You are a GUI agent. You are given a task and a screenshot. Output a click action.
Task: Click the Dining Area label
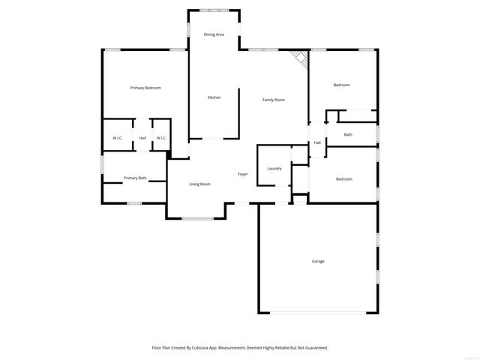(x=214, y=34)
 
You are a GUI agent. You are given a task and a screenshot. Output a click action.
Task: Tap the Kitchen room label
(x=214, y=97)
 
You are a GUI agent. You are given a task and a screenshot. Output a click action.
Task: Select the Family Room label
(x=273, y=100)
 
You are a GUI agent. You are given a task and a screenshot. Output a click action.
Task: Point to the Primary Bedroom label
(x=145, y=88)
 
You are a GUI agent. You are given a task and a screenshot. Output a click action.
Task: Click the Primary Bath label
(x=135, y=178)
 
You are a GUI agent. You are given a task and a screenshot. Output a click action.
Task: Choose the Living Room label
(x=199, y=184)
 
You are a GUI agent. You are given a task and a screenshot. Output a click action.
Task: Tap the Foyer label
(x=243, y=174)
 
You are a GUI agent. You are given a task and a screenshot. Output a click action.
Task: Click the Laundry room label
(x=274, y=168)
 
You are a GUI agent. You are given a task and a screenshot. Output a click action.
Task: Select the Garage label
(x=318, y=261)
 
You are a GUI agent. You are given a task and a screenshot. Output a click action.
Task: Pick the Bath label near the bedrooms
(x=348, y=135)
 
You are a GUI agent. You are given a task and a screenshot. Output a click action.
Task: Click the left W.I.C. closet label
(x=118, y=138)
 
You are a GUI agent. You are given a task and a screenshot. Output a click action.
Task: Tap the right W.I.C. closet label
(x=160, y=138)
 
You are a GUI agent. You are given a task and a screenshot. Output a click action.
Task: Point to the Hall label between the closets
(x=142, y=138)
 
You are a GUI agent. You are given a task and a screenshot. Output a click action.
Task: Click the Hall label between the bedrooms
(x=317, y=142)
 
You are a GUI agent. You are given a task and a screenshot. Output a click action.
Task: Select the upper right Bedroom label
(x=341, y=85)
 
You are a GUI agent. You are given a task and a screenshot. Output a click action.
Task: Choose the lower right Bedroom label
(x=343, y=178)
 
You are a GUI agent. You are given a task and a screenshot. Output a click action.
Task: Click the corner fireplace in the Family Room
(x=301, y=59)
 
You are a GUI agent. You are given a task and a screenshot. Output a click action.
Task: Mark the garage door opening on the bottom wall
(x=319, y=312)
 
